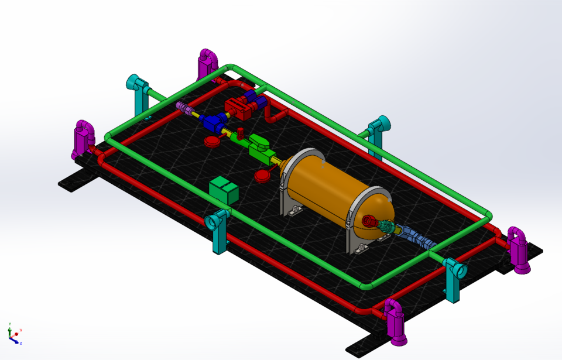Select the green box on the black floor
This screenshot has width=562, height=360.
tap(224, 190)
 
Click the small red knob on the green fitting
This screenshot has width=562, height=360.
tap(240, 130)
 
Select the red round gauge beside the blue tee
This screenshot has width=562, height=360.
tap(211, 141)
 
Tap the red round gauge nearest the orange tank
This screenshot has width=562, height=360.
tap(262, 175)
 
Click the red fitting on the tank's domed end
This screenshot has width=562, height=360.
tap(369, 221)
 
